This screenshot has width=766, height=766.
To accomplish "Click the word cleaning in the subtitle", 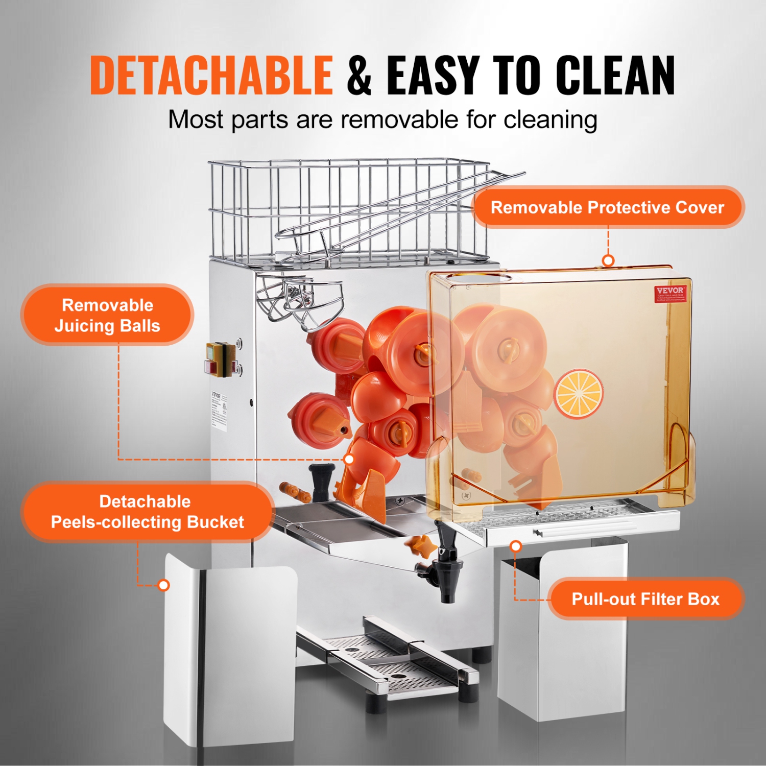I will (x=550, y=121).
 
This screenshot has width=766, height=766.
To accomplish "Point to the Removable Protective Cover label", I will (x=608, y=207).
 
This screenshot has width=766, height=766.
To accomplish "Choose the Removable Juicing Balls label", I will (x=107, y=315).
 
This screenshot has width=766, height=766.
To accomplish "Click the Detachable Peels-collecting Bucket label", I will (x=147, y=512).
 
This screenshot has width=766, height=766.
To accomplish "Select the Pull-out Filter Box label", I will (x=645, y=599).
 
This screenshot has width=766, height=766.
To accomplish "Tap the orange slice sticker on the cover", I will (x=579, y=394).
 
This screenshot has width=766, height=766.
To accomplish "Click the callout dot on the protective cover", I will (x=608, y=260).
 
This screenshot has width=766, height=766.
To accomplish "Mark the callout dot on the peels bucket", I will (x=163, y=585).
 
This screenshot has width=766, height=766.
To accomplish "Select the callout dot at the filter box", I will (x=516, y=546).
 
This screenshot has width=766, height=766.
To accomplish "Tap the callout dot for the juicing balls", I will (x=349, y=459).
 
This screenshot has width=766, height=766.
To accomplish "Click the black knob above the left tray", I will (x=321, y=477).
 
